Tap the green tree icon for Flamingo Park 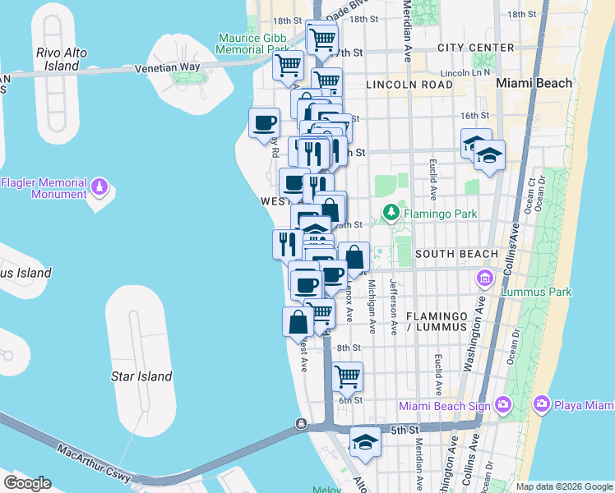pyautogui.click(x=391, y=214)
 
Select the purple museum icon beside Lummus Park pyautogui.click(x=485, y=280)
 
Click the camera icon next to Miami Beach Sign pyautogui.click(x=503, y=405)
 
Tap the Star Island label pyautogui.click(x=141, y=376)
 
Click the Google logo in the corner pyautogui.click(x=27, y=483)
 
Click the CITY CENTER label pyautogui.click(x=474, y=48)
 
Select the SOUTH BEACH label pyautogui.click(x=456, y=254)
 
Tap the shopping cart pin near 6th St pyautogui.click(x=348, y=377)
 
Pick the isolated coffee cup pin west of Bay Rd pyautogui.click(x=264, y=123)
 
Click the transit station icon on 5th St pyautogui.click(x=302, y=425)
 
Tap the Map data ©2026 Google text pyautogui.click(x=564, y=486)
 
